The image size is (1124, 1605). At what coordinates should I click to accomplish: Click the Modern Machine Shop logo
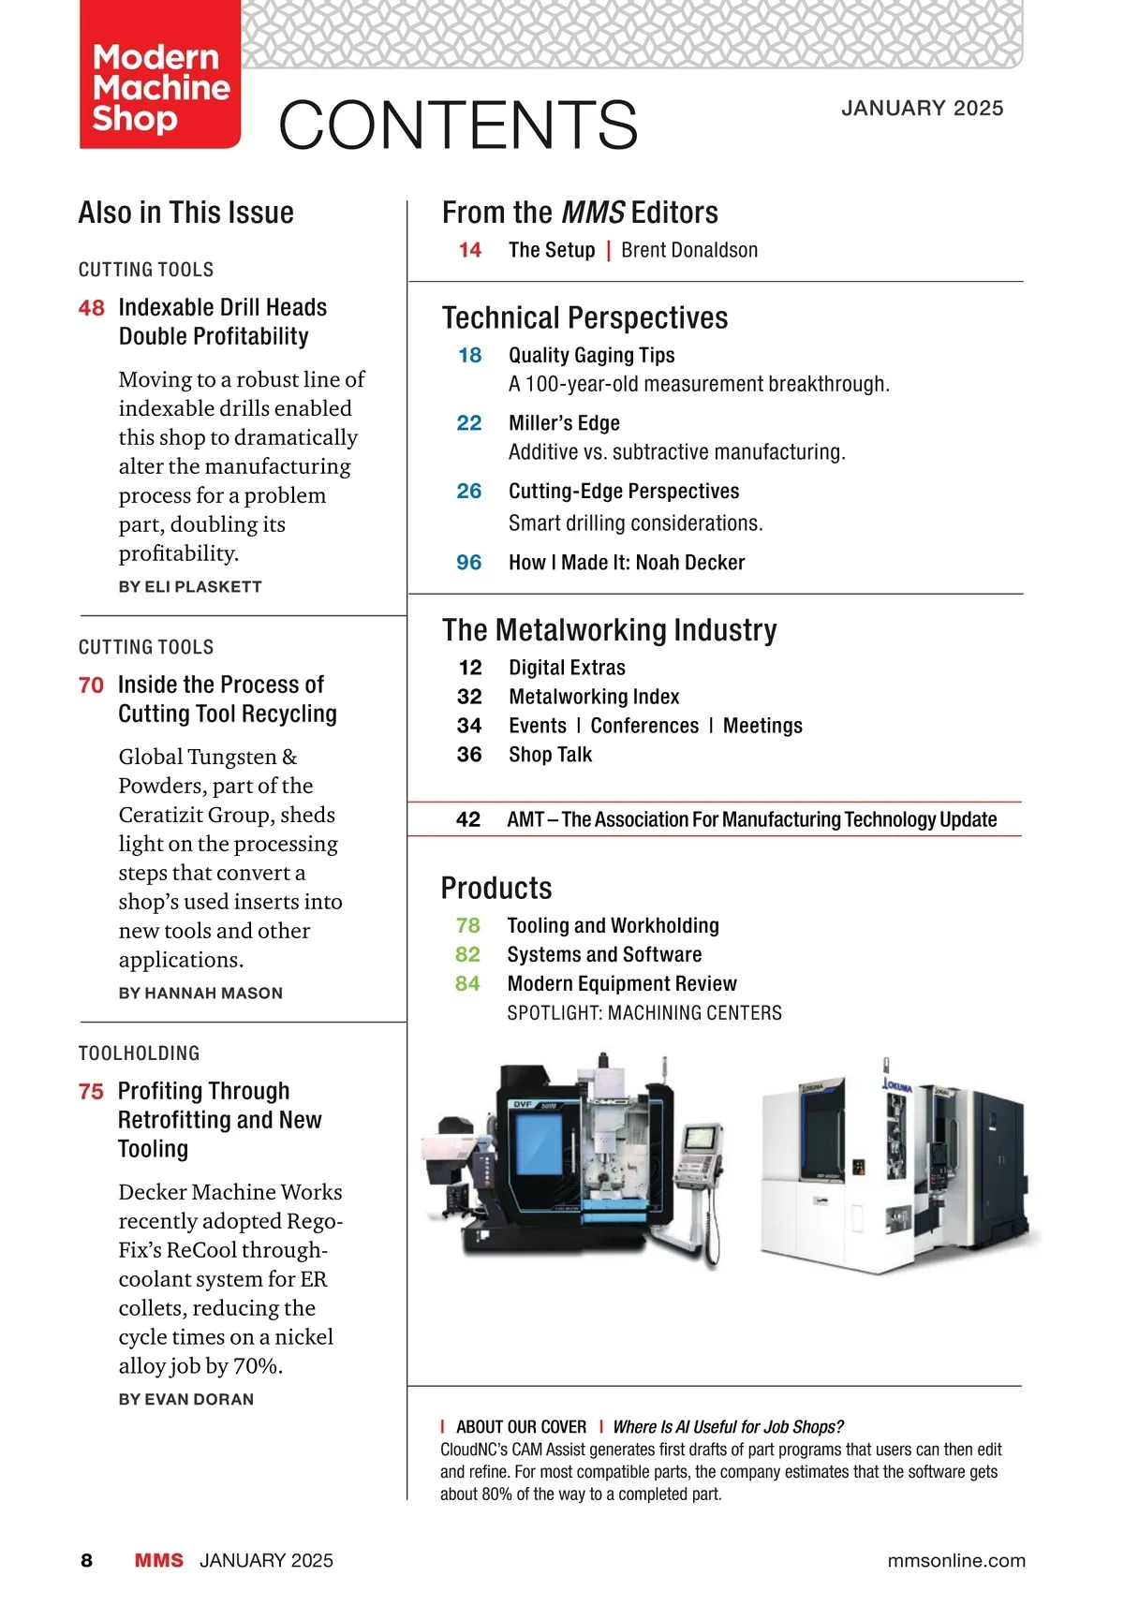pyautogui.click(x=160, y=87)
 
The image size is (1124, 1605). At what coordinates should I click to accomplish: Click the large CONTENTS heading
pyautogui.click(x=458, y=125)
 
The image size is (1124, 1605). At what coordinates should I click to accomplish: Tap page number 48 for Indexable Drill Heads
pyautogui.click(x=92, y=308)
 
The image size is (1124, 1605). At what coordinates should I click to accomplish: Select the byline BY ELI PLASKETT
pyautogui.click(x=190, y=587)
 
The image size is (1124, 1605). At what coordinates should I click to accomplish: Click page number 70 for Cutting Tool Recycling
pyautogui.click(x=92, y=685)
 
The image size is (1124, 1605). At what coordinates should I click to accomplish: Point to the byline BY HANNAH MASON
pyautogui.click(x=200, y=994)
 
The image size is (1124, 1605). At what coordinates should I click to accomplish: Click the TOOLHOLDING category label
pyautogui.click(x=140, y=1053)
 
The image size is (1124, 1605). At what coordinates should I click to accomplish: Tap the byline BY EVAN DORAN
pyautogui.click(x=186, y=1400)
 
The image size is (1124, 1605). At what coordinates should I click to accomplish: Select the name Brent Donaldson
pyautogui.click(x=689, y=250)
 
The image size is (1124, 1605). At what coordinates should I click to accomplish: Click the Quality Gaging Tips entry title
pyautogui.click(x=591, y=356)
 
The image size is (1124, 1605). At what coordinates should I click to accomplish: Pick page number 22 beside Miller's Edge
pyautogui.click(x=469, y=423)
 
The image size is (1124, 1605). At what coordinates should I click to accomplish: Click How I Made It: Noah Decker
pyautogui.click(x=627, y=563)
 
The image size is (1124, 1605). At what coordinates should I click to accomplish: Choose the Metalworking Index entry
pyautogui.click(x=594, y=697)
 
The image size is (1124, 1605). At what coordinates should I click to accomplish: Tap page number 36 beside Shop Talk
pyautogui.click(x=469, y=755)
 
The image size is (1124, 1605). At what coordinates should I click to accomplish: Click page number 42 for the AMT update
pyautogui.click(x=468, y=819)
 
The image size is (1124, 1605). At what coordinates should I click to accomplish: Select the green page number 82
pyautogui.click(x=467, y=954)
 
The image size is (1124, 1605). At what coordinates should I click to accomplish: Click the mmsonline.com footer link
pyautogui.click(x=955, y=1561)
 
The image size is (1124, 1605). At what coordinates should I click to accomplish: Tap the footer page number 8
pyautogui.click(x=87, y=1561)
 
